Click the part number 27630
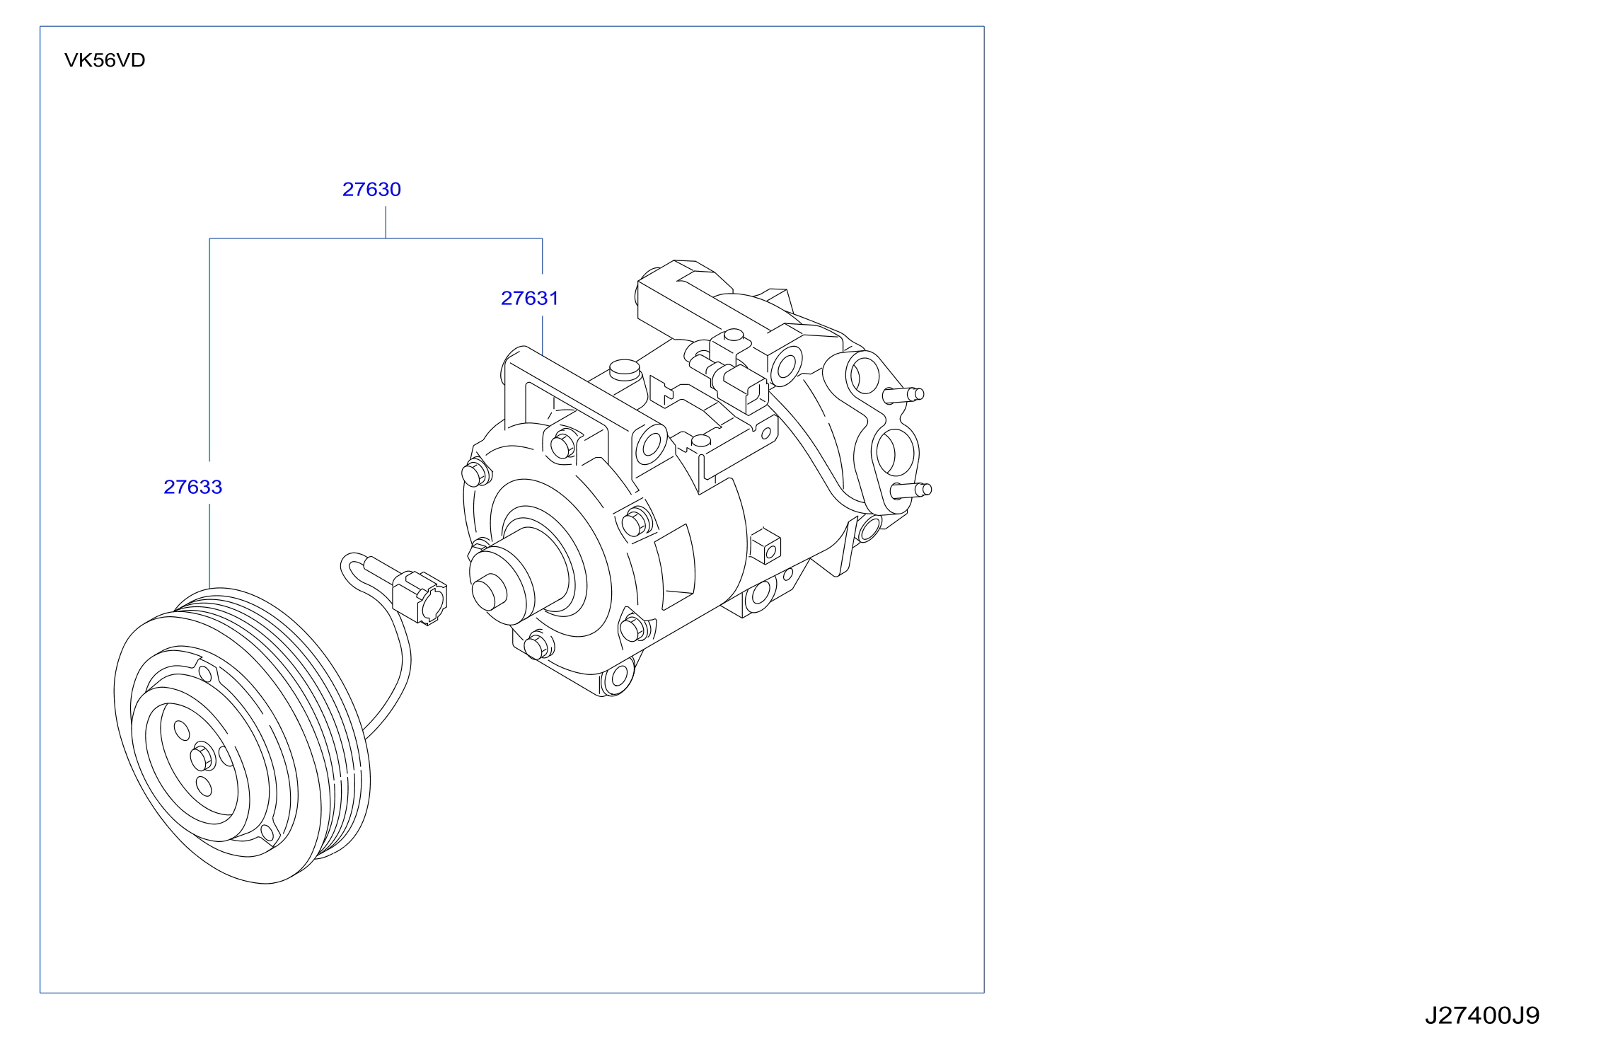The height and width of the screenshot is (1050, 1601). (371, 190)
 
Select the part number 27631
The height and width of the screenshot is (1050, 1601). (530, 299)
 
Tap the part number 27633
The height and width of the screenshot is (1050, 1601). (193, 487)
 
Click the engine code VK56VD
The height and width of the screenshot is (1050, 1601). (105, 60)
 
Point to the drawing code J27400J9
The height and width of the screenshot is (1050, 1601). (1482, 1015)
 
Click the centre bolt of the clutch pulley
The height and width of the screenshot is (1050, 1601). (202, 757)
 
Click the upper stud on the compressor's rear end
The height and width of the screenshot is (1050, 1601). (903, 395)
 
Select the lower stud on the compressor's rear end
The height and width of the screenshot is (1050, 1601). (911, 490)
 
